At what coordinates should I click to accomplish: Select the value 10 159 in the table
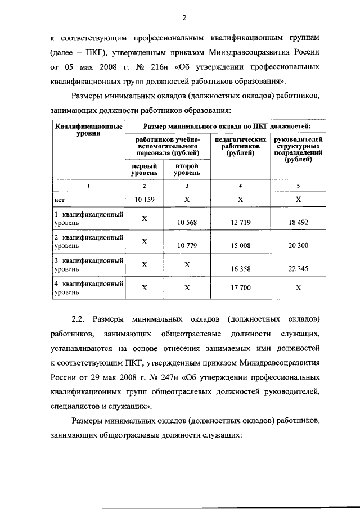(144, 199)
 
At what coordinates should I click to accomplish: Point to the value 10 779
(187, 246)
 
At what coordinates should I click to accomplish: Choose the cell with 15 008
(241, 246)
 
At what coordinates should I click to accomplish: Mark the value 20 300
(299, 246)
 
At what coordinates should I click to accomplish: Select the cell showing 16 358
(241, 269)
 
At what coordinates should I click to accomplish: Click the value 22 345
(299, 269)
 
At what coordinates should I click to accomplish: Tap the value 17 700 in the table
(241, 288)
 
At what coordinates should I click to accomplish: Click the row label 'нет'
(58, 200)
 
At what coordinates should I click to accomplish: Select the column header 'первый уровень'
(144, 170)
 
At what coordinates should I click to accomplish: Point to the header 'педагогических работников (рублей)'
(241, 146)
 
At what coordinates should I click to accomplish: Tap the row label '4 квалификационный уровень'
(88, 288)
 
